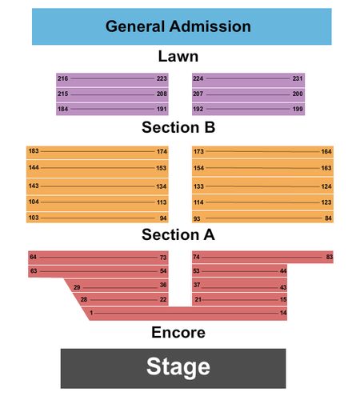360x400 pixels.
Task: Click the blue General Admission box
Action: coord(182,26)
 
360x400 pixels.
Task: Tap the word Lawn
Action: coord(178,57)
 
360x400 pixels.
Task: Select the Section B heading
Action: coord(178,127)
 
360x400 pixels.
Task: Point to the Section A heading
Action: coord(178,234)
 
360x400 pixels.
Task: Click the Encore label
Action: coord(178,333)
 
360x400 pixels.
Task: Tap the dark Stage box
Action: coord(173,368)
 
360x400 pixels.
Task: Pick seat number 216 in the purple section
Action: coord(63,78)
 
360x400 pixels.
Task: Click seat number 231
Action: coord(298,78)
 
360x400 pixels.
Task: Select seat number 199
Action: coord(298,109)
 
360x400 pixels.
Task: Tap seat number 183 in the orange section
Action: coord(34,151)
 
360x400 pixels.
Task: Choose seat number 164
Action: coord(326,151)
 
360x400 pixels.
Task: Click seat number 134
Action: coord(162,186)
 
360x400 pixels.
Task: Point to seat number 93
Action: coord(197,218)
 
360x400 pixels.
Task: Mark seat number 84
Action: coord(328,218)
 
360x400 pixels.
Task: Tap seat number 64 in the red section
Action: coord(33,257)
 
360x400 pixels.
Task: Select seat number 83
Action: coord(330,257)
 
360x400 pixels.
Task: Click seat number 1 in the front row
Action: coord(91,313)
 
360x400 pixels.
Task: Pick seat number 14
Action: coord(283,313)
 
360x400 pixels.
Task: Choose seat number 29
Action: coord(77,287)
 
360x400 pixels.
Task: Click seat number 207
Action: coord(198,94)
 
